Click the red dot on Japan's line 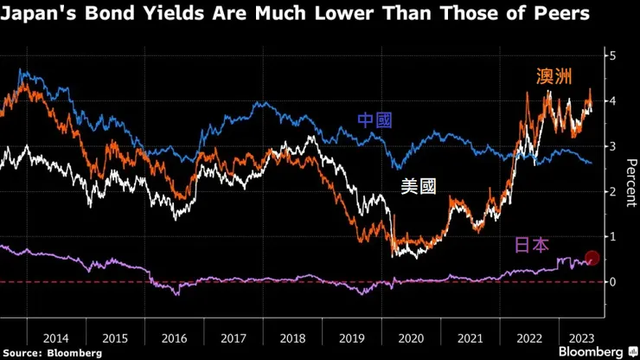(592, 258)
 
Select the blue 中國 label (375, 119)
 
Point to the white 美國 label (419, 186)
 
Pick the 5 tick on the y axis (612, 55)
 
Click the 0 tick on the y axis (612, 282)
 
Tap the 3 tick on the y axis (612, 146)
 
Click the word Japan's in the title (35, 15)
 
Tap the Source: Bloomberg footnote (52, 352)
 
